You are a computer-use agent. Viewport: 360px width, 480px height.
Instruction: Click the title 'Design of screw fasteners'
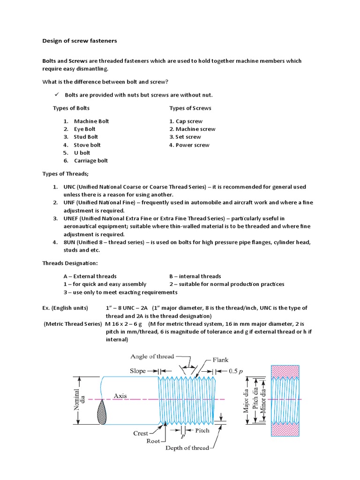80,41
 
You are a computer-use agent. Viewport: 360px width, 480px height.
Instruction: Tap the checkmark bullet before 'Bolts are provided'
56,95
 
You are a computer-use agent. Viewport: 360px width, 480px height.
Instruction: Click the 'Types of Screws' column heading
190,108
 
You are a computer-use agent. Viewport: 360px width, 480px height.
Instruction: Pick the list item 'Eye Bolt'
84,129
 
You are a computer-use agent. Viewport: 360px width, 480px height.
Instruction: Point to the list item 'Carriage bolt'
91,161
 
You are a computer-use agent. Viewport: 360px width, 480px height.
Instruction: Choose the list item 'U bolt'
82,153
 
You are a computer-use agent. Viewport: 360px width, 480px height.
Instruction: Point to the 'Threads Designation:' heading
70,263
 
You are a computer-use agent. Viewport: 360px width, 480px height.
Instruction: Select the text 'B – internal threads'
195,276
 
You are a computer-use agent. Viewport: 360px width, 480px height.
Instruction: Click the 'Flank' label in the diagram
220,360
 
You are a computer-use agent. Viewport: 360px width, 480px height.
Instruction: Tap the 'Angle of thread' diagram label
152,356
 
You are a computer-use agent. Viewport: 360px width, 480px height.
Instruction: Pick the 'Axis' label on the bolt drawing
120,396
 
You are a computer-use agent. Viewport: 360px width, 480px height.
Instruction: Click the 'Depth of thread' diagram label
187,448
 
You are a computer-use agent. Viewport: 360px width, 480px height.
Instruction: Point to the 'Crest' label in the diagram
141,433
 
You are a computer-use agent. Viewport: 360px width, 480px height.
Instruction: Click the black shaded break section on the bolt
102,413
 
